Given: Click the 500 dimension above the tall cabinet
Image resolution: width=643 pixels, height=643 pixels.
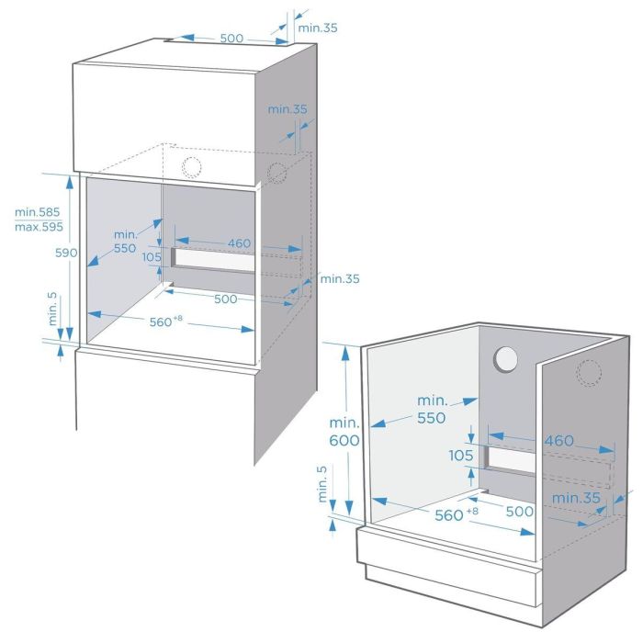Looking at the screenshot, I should [x=231, y=39].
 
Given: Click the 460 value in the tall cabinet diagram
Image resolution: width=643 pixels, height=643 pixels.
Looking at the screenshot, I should [x=240, y=243].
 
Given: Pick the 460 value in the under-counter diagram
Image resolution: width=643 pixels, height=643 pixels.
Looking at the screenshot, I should [x=558, y=441].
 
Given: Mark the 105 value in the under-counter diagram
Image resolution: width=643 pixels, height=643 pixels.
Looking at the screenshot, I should [x=461, y=456].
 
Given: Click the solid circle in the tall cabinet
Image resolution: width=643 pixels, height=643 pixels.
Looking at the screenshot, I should [x=191, y=167].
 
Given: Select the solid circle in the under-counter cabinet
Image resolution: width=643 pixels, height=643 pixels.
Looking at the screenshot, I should [x=506, y=360].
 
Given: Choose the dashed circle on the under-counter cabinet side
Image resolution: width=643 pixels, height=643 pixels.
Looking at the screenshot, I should [x=589, y=372].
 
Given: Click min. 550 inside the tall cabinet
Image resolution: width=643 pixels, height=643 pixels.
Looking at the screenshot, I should [x=125, y=241].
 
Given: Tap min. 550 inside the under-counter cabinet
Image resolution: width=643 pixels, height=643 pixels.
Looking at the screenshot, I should [x=431, y=410].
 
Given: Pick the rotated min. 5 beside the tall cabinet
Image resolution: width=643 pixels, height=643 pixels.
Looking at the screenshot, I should [x=52, y=310].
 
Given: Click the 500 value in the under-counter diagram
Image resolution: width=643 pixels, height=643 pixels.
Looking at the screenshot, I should [x=520, y=511].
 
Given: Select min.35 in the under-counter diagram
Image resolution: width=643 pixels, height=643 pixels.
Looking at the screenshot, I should [x=576, y=498].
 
